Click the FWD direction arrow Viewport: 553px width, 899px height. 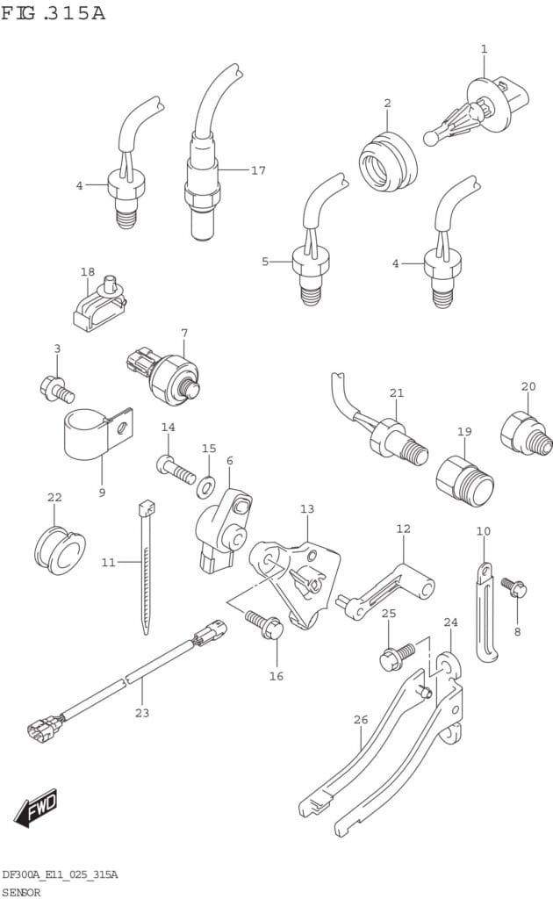tap(36, 806)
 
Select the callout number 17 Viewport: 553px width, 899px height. tap(257, 170)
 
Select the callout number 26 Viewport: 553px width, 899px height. tap(360, 720)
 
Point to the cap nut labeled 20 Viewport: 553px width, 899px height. tap(525, 432)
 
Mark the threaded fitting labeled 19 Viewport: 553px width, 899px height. tap(465, 479)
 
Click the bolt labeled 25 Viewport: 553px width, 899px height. tap(396, 655)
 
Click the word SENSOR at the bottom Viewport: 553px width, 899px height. tap(20, 891)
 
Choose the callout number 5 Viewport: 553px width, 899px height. tap(265, 261)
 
